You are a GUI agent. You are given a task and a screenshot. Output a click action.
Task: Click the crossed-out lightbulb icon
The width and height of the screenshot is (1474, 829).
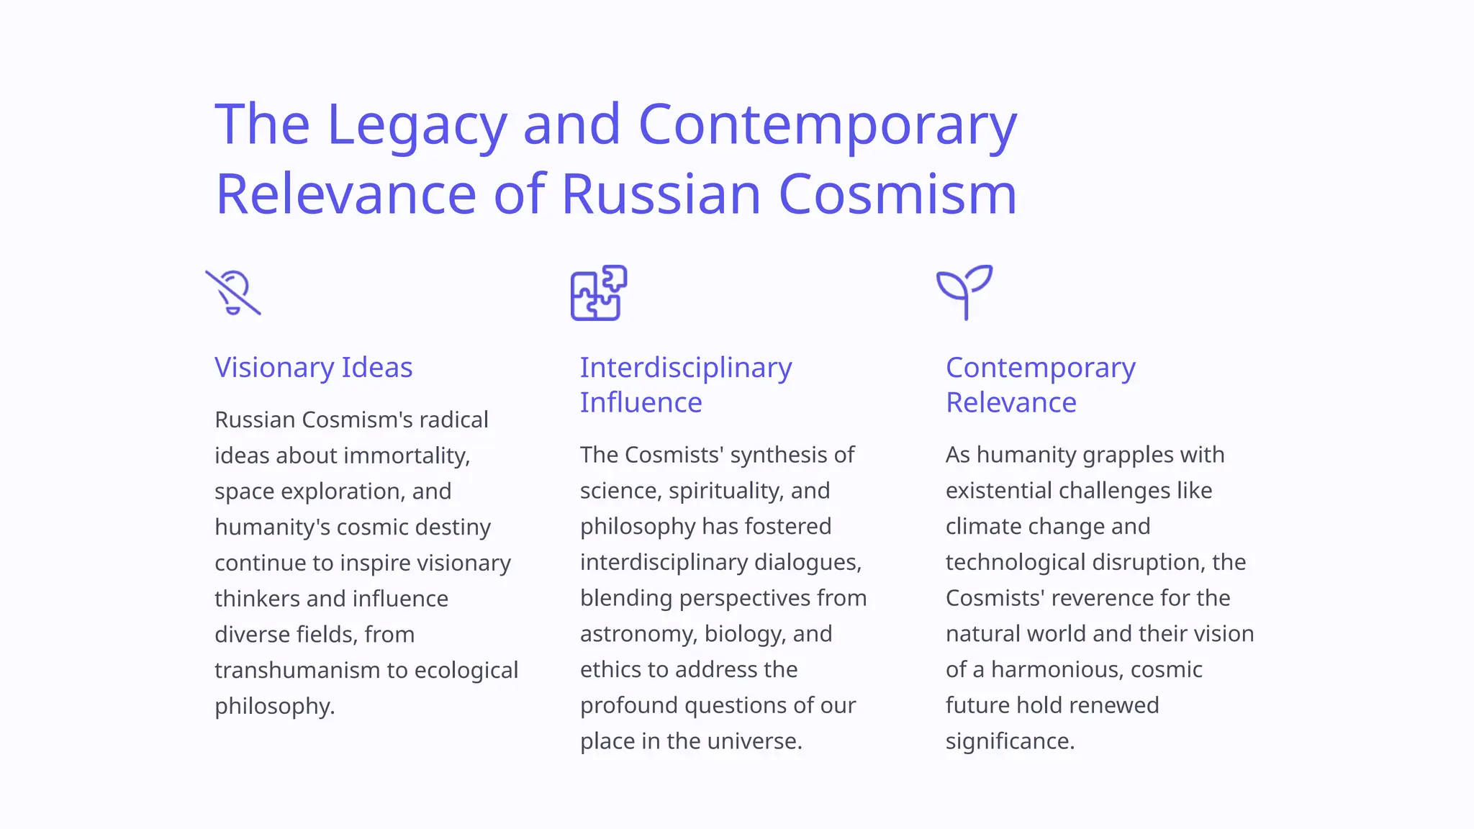(x=233, y=293)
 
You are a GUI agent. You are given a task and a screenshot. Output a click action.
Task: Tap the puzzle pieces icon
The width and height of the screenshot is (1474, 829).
(x=598, y=293)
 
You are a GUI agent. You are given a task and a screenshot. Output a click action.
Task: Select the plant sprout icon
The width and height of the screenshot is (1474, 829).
(x=964, y=291)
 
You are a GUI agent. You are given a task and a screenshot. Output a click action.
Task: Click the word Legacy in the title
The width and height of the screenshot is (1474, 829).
(x=417, y=125)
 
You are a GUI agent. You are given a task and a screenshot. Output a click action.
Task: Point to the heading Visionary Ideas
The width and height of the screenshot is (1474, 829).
(x=314, y=368)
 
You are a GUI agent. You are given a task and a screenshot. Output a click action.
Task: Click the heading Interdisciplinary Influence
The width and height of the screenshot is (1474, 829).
(x=685, y=385)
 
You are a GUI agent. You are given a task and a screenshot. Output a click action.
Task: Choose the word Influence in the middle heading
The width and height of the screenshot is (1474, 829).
(x=641, y=403)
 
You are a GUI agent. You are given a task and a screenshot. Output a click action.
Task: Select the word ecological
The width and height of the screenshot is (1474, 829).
(x=466, y=670)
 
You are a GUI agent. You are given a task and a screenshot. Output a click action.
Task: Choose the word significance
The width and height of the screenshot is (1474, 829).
(x=1010, y=741)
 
